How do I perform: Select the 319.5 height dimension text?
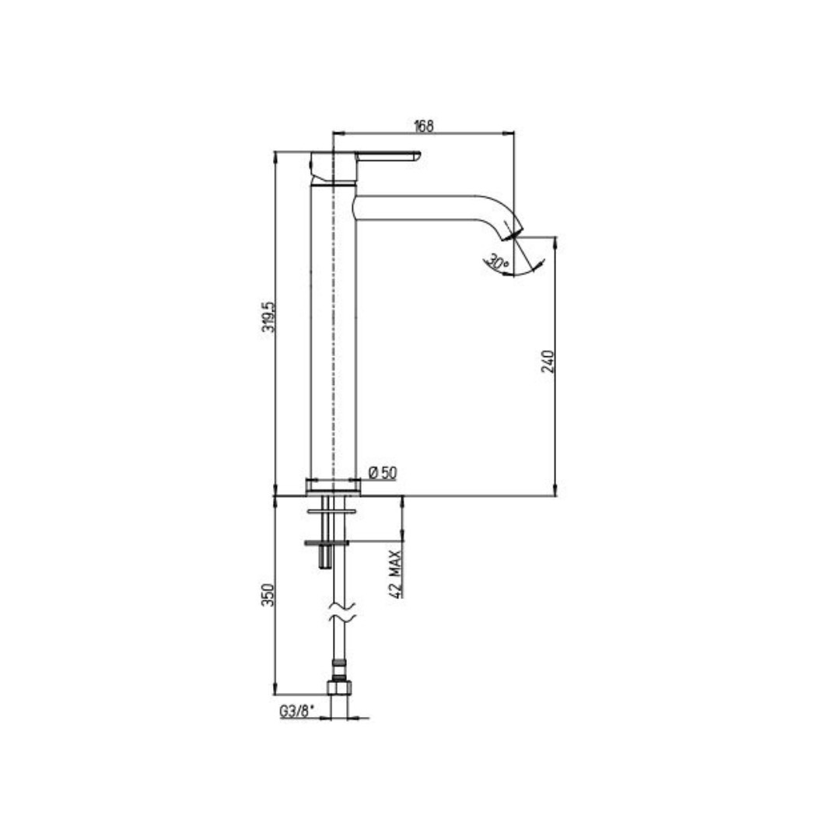(268, 317)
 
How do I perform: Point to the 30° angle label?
(496, 263)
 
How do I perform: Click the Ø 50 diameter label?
(383, 473)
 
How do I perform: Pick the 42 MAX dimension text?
(395, 573)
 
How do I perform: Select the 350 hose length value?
(268, 595)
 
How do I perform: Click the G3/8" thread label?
(296, 712)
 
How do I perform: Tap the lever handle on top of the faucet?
(388, 156)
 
